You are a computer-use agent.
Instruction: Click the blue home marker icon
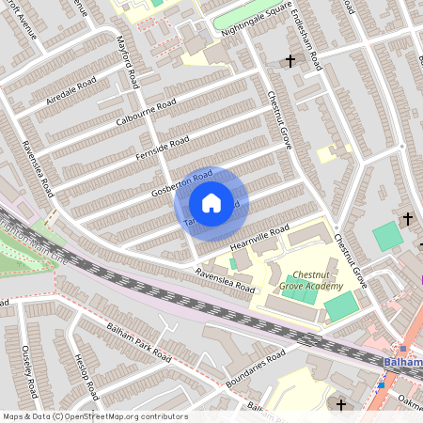pos(211,203)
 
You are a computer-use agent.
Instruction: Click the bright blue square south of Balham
pos(382,384)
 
